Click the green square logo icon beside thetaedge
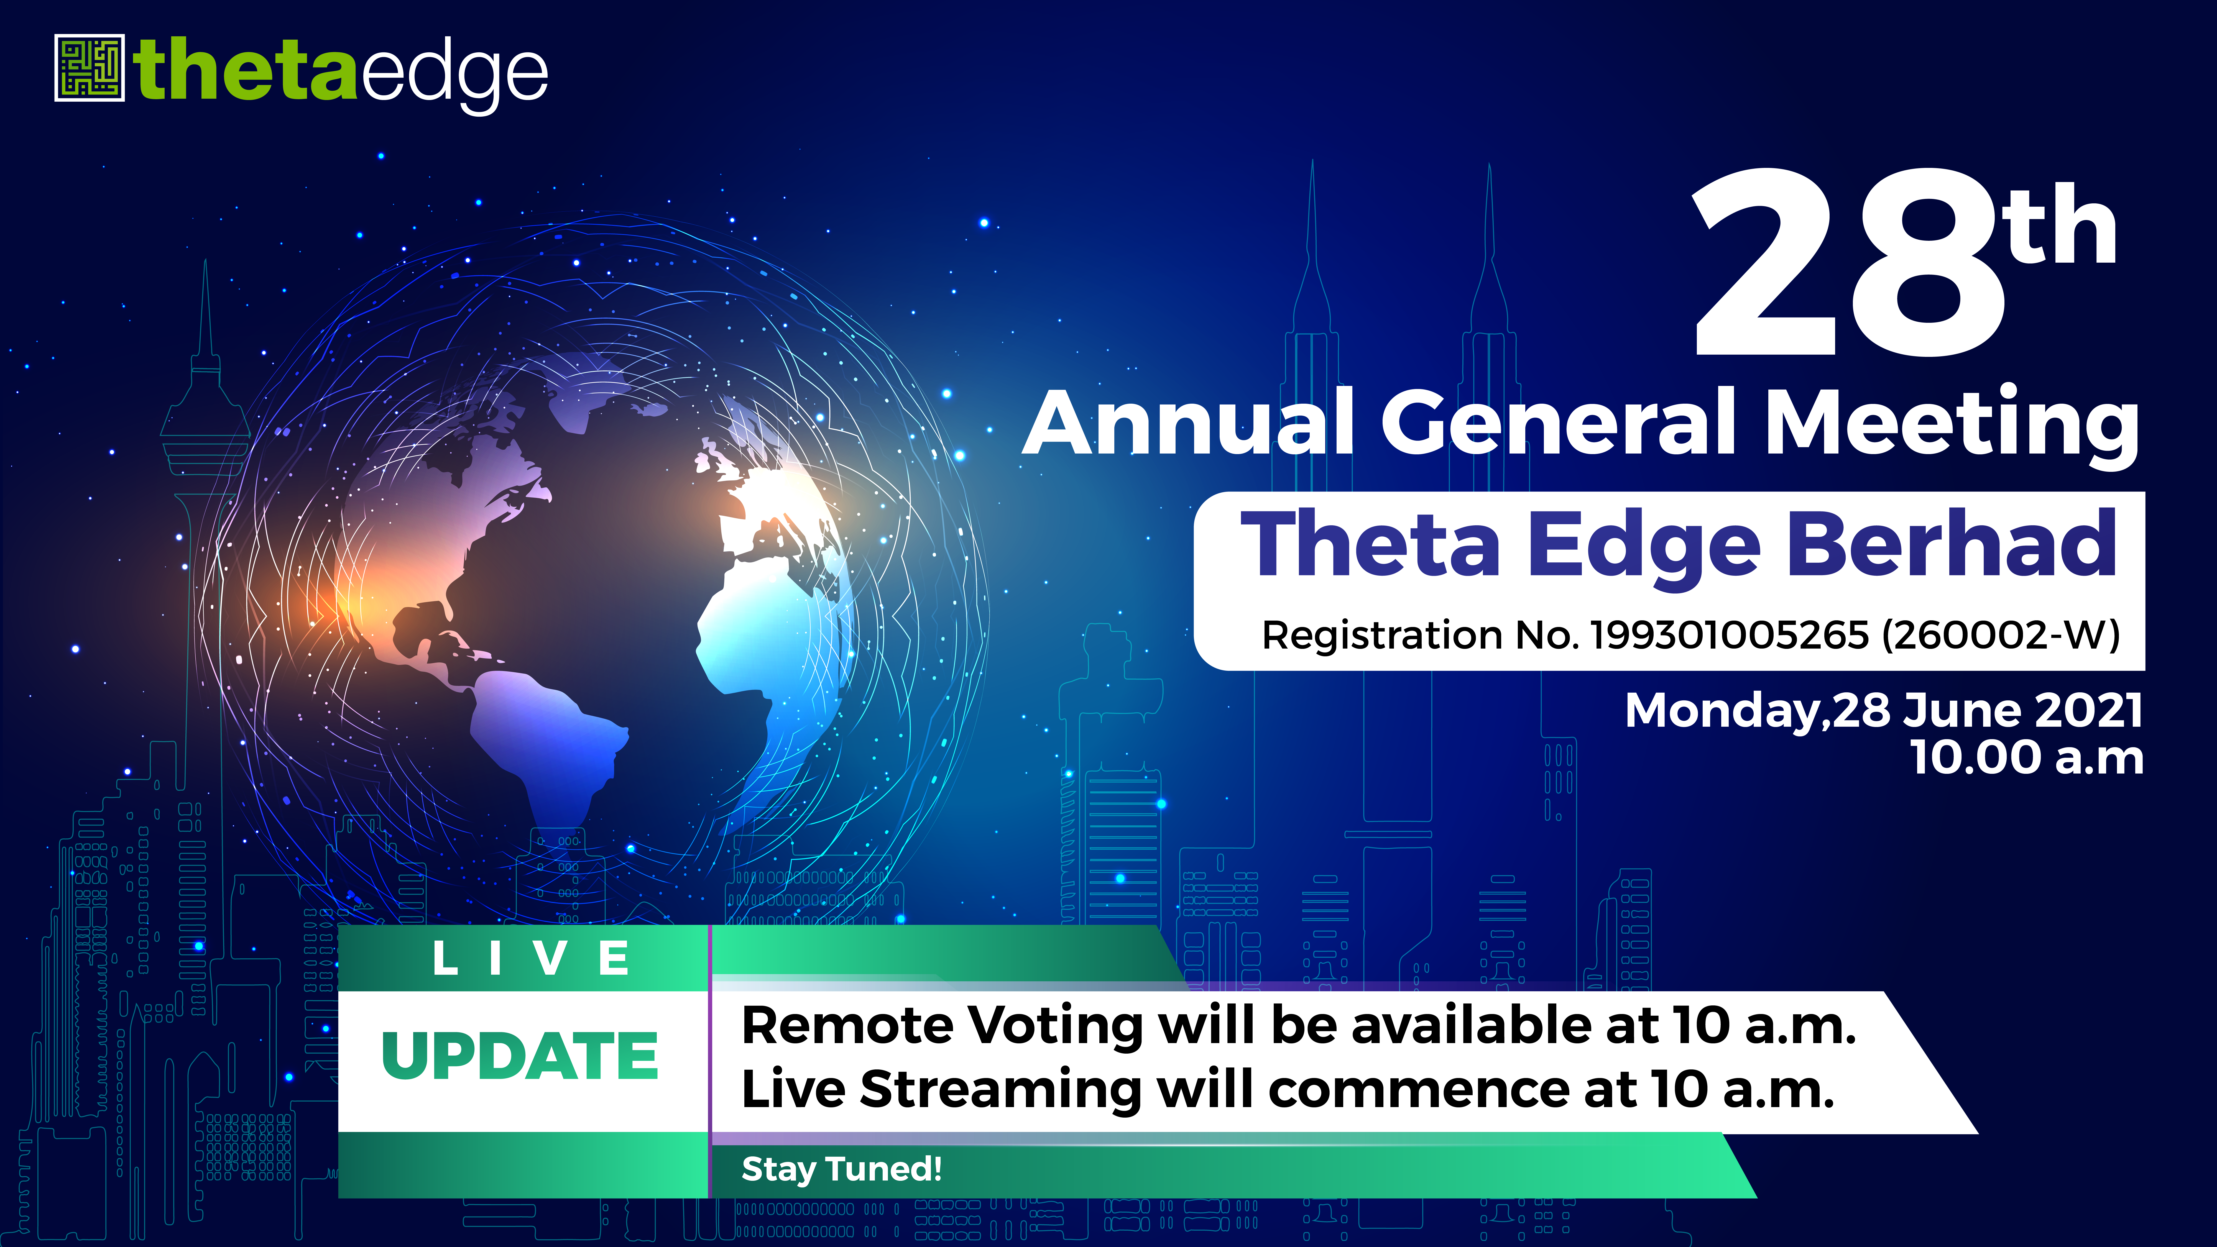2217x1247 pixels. coord(90,68)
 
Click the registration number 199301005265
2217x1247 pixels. coord(1730,635)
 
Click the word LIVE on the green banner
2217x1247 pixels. coord(531,958)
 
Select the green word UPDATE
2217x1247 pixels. coord(520,1056)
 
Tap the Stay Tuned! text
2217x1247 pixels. coord(842,1169)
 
